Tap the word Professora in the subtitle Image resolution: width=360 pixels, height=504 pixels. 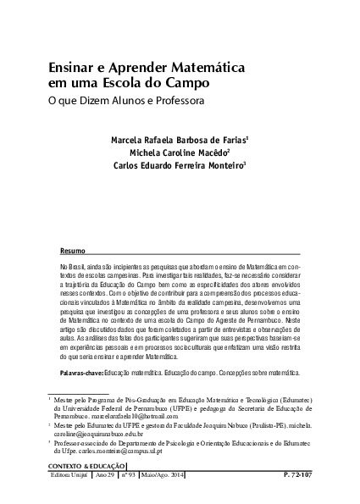pos(174,102)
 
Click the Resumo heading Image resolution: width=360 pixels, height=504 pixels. pos(73,252)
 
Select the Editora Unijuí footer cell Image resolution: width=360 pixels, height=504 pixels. pos(69,476)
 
